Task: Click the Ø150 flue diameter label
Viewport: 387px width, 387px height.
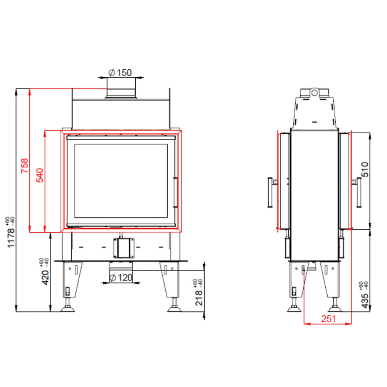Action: click(x=120, y=73)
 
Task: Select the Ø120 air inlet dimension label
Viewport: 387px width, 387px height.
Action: click(x=121, y=278)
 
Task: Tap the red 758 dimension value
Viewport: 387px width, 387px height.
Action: click(x=24, y=166)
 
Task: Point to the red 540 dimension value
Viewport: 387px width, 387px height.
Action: click(x=40, y=175)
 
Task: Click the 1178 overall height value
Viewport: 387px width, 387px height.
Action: click(x=11, y=238)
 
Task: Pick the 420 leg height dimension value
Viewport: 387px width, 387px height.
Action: click(x=45, y=277)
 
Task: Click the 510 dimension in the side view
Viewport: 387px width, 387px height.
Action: click(x=365, y=169)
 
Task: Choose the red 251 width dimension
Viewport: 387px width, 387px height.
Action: click(x=329, y=318)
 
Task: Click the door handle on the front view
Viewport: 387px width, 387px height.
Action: click(x=175, y=193)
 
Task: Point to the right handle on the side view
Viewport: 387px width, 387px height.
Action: click(x=359, y=192)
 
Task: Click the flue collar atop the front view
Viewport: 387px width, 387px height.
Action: click(x=121, y=89)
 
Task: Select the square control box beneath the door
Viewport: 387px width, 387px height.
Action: click(x=123, y=248)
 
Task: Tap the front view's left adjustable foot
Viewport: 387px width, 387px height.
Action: click(x=67, y=308)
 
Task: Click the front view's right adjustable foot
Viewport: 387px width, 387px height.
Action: click(x=174, y=308)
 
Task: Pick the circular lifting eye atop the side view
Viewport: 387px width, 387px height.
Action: click(x=314, y=92)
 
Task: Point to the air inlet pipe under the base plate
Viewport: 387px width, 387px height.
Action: click(x=121, y=266)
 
